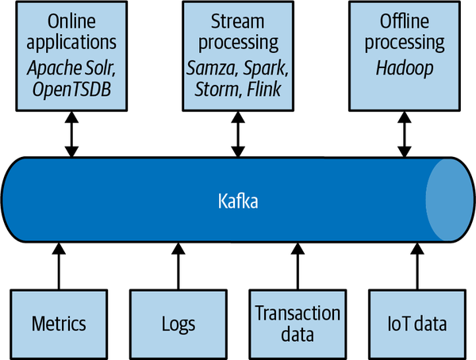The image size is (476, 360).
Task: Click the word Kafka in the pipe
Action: point(238,201)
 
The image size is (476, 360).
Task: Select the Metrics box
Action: point(59,324)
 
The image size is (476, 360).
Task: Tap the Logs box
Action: point(177,324)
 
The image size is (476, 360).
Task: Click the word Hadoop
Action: point(405,70)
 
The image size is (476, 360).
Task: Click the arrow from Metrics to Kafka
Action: point(59,266)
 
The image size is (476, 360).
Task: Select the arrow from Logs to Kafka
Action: point(177,266)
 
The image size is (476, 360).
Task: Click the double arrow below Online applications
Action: point(71,133)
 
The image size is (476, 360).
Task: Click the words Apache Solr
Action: point(71,70)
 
